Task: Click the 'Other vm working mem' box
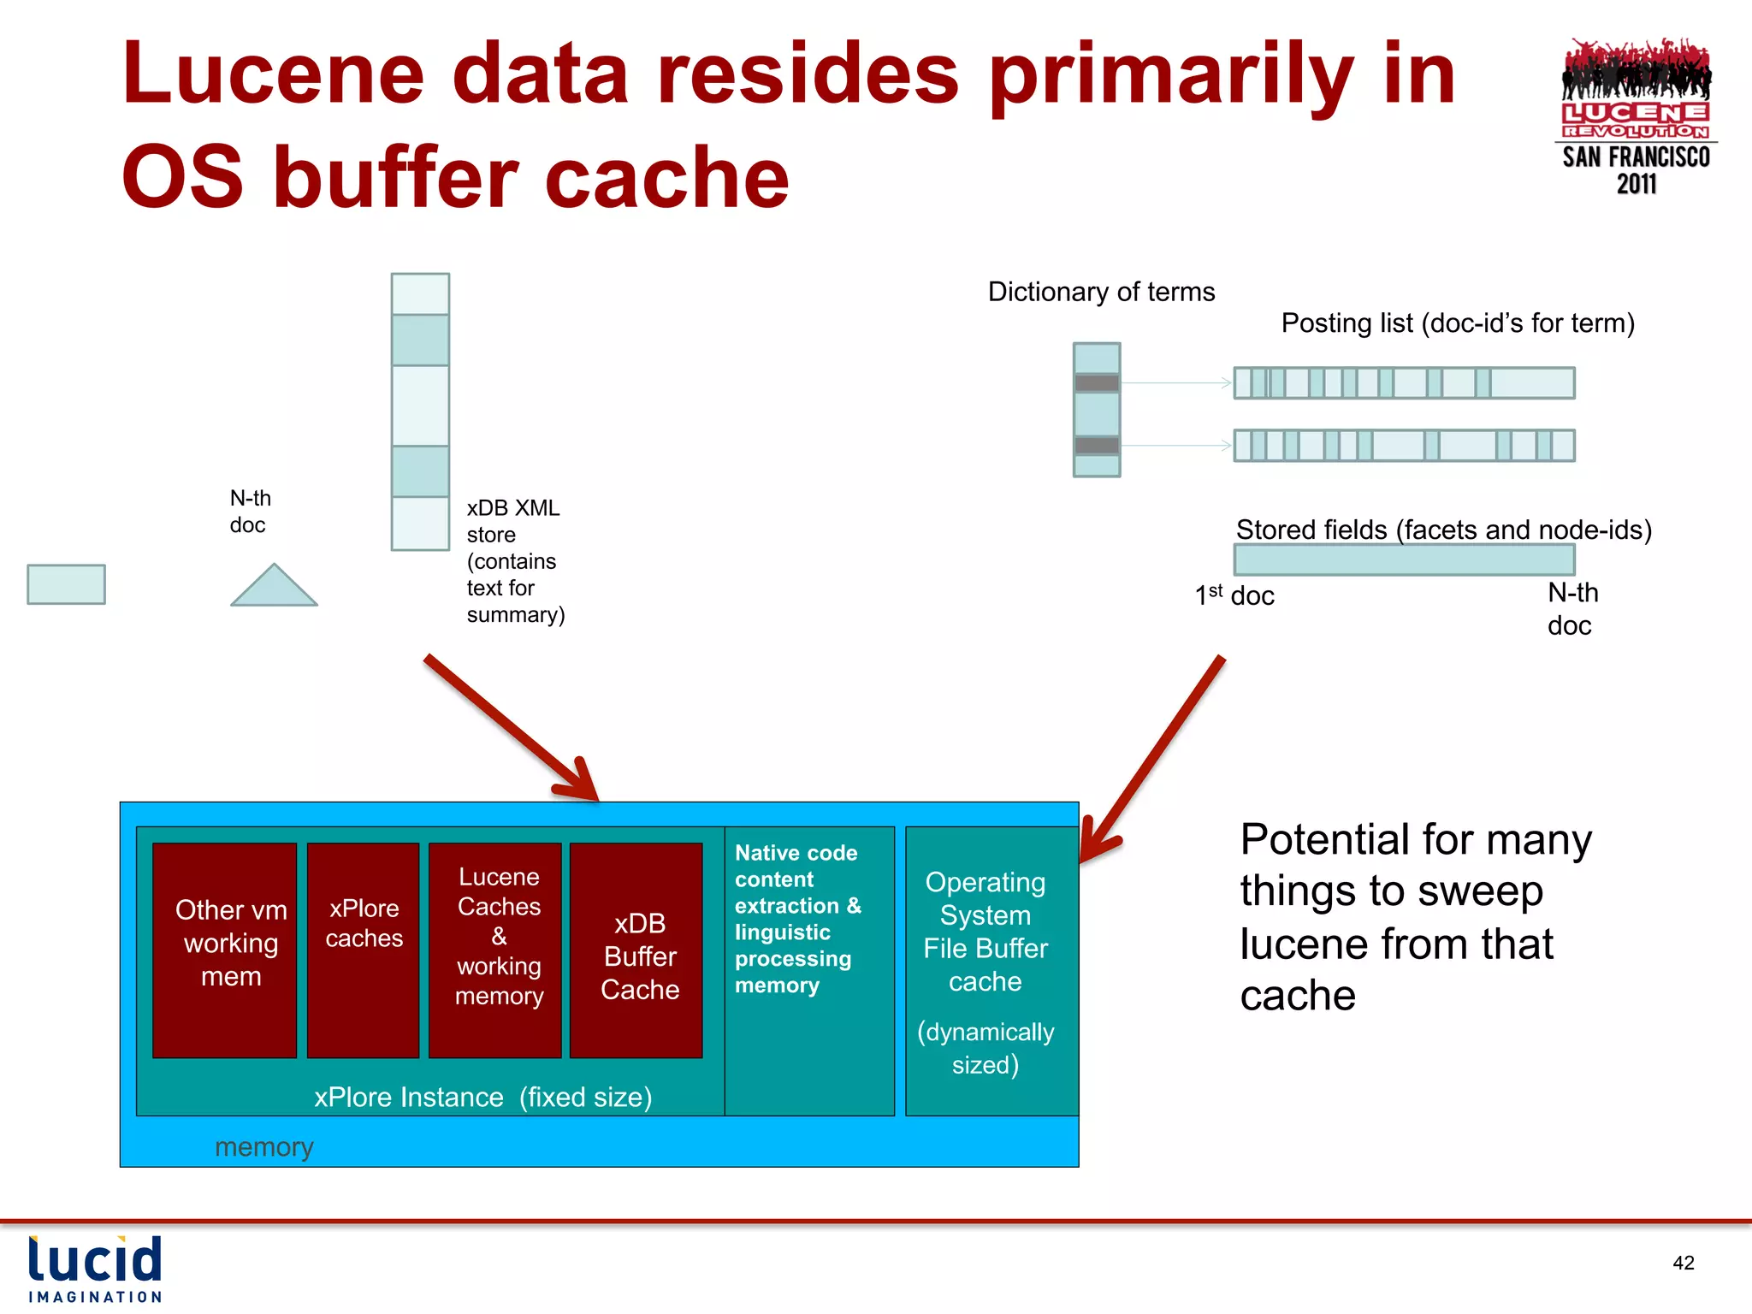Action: click(224, 950)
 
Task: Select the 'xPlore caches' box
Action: click(363, 950)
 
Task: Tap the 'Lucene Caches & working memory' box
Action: click(495, 950)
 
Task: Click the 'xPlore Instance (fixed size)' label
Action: click(482, 1097)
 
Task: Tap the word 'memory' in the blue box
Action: click(263, 1146)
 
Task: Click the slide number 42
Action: click(1683, 1263)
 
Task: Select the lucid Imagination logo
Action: click(94, 1269)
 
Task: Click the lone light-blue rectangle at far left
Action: click(66, 584)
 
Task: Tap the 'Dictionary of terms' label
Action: click(1101, 292)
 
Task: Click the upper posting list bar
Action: click(1403, 383)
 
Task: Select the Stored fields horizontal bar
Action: click(1403, 560)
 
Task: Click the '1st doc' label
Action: click(1234, 595)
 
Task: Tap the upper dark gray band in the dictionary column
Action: click(1097, 383)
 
